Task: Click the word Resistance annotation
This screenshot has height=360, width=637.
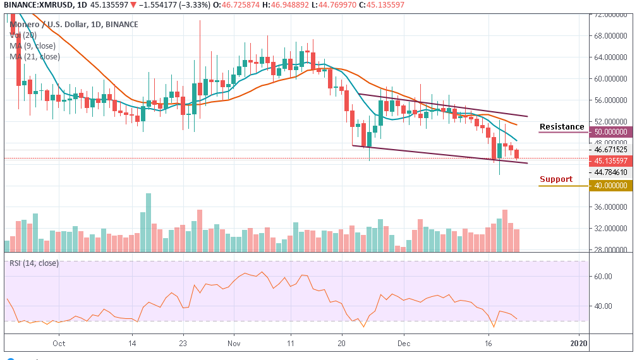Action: point(562,127)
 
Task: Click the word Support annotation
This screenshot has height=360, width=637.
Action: point(556,179)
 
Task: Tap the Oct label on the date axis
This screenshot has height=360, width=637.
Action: point(59,344)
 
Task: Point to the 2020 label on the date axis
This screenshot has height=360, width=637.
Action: point(579,344)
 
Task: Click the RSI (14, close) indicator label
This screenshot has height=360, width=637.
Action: point(34,263)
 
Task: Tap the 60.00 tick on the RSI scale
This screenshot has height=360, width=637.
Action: point(604,276)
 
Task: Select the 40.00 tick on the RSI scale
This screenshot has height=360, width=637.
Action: point(604,306)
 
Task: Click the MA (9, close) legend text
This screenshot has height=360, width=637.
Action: point(33,46)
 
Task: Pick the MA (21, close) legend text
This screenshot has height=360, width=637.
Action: point(35,57)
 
